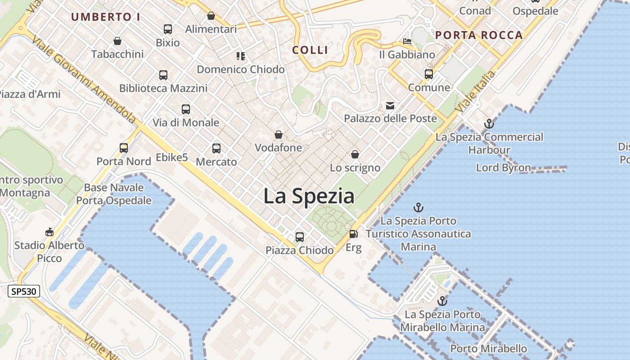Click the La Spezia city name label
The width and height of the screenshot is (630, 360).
pyautogui.click(x=309, y=197)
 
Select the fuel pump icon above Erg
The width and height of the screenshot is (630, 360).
pyautogui.click(x=354, y=234)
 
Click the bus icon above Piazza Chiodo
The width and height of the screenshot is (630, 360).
pyautogui.click(x=300, y=237)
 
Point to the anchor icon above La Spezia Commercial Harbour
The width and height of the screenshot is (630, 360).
pyautogui.click(x=489, y=124)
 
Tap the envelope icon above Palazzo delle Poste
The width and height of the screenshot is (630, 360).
pyautogui.click(x=390, y=106)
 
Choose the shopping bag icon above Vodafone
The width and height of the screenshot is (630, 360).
pyautogui.click(x=279, y=135)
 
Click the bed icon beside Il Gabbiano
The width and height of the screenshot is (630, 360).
pyautogui.click(x=407, y=42)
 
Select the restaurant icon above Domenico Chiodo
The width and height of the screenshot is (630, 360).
pyautogui.click(x=241, y=56)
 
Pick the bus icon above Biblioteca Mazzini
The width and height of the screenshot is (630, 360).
pyautogui.click(x=163, y=75)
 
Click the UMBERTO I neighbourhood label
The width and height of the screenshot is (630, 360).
pyautogui.click(x=106, y=17)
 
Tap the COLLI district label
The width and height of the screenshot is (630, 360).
pyautogui.click(x=310, y=50)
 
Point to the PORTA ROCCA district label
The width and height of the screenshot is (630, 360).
pyautogui.click(x=479, y=35)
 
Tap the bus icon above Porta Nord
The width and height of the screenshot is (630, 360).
pyautogui.click(x=124, y=148)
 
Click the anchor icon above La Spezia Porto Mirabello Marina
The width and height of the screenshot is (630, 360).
pyautogui.click(x=442, y=301)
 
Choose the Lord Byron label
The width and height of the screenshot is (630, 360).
pyautogui.click(x=504, y=168)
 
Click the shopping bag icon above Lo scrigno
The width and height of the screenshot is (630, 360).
pyautogui.click(x=355, y=155)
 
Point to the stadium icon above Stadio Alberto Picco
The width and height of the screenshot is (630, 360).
pyautogui.click(x=49, y=232)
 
